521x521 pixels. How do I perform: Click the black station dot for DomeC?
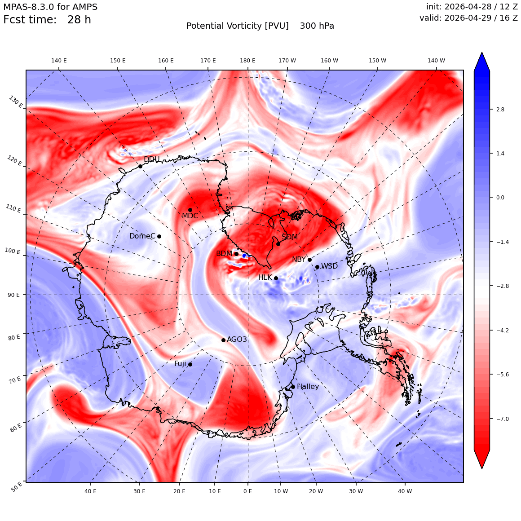[x=159, y=236]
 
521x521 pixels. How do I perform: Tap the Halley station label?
[x=308, y=386]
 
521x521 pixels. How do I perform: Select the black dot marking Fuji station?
[x=190, y=364]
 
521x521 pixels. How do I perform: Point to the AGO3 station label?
[x=237, y=339]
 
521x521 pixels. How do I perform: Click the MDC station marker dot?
[x=190, y=210]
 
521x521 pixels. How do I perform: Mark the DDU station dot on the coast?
[x=140, y=166]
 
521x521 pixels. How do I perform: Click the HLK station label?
[x=265, y=277]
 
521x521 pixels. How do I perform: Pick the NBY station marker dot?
[x=309, y=260]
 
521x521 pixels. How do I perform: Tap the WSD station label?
[x=329, y=266]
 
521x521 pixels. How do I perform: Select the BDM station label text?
[x=224, y=253]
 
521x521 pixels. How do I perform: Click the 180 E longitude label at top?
[x=247, y=61]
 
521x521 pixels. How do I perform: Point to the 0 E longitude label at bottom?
[x=247, y=491]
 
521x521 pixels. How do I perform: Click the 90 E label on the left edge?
[x=13, y=295]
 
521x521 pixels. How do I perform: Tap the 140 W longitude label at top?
[x=436, y=61]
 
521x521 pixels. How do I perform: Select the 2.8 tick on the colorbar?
[x=500, y=109]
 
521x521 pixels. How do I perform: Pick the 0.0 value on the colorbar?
[x=500, y=197]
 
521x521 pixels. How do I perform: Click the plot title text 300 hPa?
[x=317, y=26]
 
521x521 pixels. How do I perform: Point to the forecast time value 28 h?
[x=79, y=20]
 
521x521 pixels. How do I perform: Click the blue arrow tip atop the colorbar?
[x=482, y=53]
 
